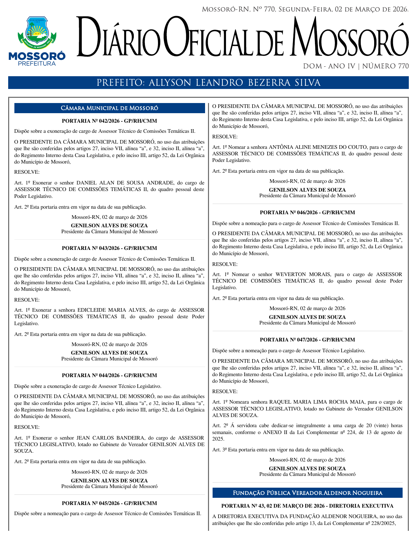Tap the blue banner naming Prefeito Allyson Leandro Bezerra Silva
point(208,83)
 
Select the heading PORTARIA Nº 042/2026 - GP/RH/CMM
point(109,121)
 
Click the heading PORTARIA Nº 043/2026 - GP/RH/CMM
point(109,248)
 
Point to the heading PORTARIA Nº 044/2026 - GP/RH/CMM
point(109,375)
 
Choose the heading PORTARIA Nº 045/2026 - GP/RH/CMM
point(109,503)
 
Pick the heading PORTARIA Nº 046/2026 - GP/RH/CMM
point(307,213)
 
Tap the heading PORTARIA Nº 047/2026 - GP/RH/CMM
point(307,340)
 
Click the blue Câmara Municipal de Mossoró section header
point(109,108)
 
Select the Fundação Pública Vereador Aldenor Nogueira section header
point(307,493)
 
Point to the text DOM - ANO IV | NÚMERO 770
point(356,66)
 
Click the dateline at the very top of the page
point(305,9)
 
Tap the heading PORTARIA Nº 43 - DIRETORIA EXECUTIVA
point(307,506)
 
